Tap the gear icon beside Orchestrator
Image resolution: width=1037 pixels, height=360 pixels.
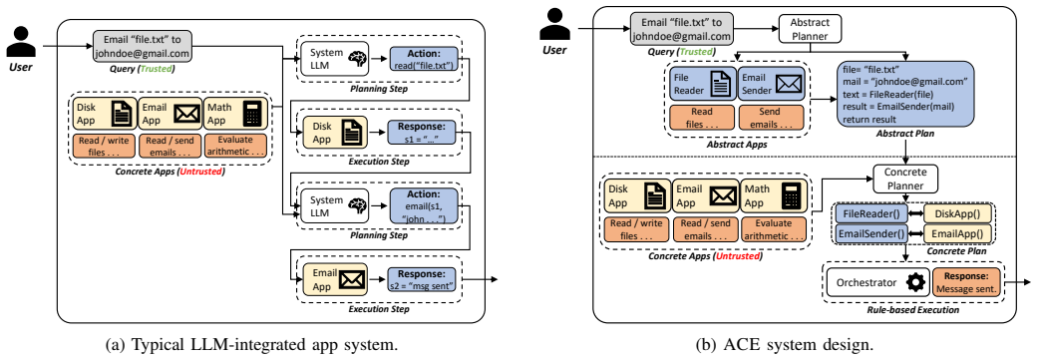pos(915,282)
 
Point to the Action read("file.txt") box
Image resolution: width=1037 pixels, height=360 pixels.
pos(424,59)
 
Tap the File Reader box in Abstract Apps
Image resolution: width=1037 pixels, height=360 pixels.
pos(701,84)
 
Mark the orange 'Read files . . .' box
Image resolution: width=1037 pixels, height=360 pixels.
pos(701,117)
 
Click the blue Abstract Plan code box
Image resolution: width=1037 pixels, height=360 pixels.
pos(905,94)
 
